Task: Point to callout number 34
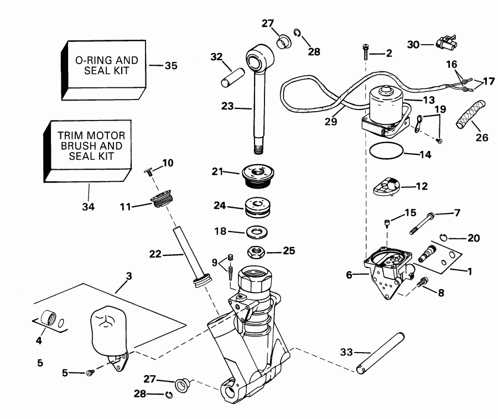point(88,207)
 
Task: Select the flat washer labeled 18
point(255,231)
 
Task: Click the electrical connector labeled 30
point(445,42)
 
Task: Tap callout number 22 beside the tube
point(155,254)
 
